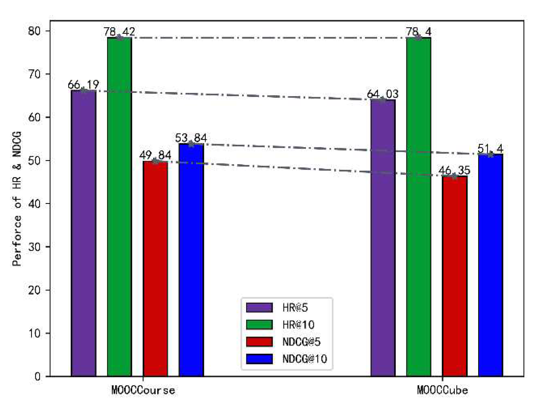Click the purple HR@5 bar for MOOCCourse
click(x=84, y=233)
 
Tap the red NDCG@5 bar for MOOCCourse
click(x=155, y=269)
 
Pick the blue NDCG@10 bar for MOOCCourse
click(x=191, y=260)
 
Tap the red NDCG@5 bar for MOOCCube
click(x=454, y=276)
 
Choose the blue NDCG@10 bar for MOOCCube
click(x=491, y=265)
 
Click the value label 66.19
click(x=83, y=85)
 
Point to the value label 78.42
click(x=119, y=31)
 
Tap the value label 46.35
click(x=454, y=171)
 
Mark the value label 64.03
click(x=383, y=94)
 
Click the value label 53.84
click(x=191, y=138)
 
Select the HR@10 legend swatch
click(x=259, y=325)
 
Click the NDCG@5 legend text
click(x=301, y=342)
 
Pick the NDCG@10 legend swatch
click(x=259, y=359)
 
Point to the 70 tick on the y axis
click(x=34, y=74)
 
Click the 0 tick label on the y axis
click(x=37, y=377)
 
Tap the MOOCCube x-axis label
click(x=442, y=390)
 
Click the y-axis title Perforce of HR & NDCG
click(x=17, y=199)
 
